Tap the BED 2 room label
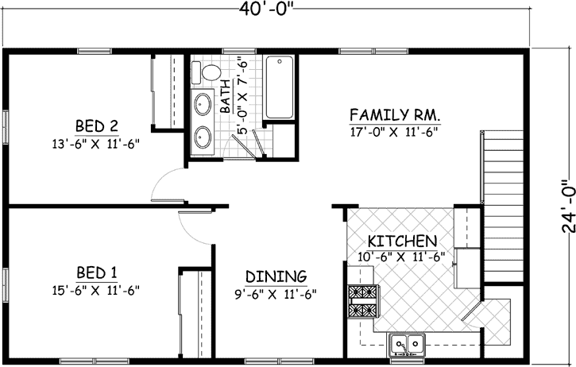[97, 126]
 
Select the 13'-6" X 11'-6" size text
[97, 144]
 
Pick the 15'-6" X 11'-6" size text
[97, 288]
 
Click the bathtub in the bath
[279, 87]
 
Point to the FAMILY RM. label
[395, 113]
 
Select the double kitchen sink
[406, 344]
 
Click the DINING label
[276, 276]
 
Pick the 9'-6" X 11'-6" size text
[276, 295]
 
